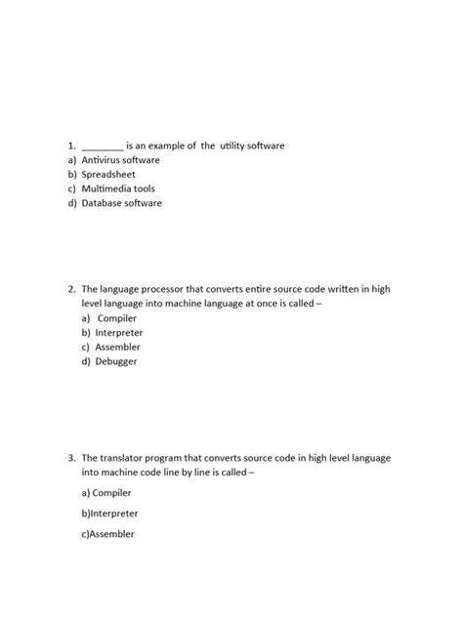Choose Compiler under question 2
pyautogui.click(x=116, y=318)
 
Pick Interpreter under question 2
pyautogui.click(x=117, y=333)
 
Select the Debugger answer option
pyautogui.click(x=116, y=361)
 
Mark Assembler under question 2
pyautogui.click(x=117, y=347)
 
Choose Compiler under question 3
pyautogui.click(x=108, y=493)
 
